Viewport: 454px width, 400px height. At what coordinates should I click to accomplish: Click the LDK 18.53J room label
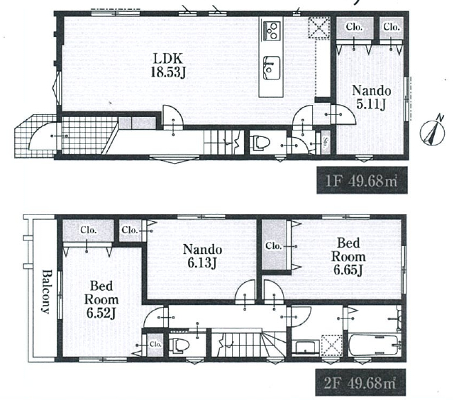pyautogui.click(x=168, y=65)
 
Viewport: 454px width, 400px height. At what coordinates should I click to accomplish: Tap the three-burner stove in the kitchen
pyautogui.click(x=272, y=31)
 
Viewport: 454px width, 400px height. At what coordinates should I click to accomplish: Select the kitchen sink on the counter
pyautogui.click(x=272, y=68)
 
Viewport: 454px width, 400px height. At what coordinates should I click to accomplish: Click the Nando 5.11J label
pyautogui.click(x=372, y=97)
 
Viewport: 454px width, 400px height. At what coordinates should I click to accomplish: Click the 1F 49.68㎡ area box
pyautogui.click(x=362, y=180)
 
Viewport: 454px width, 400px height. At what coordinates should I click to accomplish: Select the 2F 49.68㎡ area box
pyautogui.click(x=360, y=382)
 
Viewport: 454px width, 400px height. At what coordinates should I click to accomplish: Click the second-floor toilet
pyautogui.click(x=179, y=345)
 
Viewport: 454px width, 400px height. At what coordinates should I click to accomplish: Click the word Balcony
pyautogui.click(x=46, y=291)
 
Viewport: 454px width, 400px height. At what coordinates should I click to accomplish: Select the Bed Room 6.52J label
pyautogui.click(x=101, y=299)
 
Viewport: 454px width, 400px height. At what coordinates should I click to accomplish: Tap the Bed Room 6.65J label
pyautogui.click(x=348, y=257)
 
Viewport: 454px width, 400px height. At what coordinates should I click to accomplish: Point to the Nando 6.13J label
pyautogui.click(x=202, y=256)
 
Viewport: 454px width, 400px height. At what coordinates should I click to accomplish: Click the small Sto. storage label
pyautogui.click(x=326, y=143)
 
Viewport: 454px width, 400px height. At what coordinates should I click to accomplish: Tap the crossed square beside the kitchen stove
pyautogui.click(x=319, y=28)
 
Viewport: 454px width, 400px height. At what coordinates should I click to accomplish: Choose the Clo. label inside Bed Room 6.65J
pyautogui.click(x=274, y=246)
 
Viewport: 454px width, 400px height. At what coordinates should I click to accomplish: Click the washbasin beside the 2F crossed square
pyautogui.click(x=305, y=347)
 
